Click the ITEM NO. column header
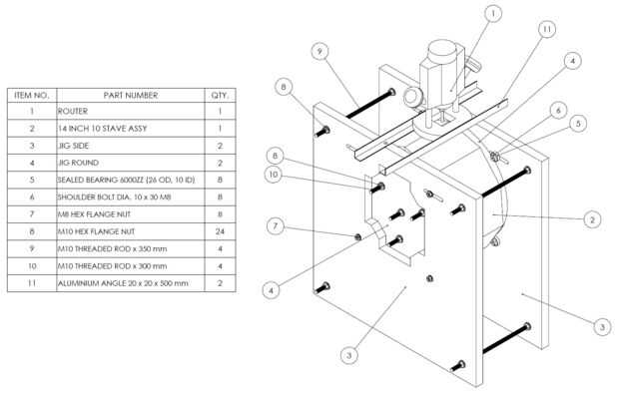(x=32, y=96)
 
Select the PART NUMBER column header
(x=131, y=96)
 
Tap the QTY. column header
(x=220, y=96)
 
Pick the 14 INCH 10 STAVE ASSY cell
(x=102, y=129)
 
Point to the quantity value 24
(x=220, y=231)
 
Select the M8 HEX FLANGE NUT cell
(x=94, y=214)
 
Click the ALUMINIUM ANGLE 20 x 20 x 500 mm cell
(x=123, y=283)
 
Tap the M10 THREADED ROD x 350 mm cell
(x=112, y=249)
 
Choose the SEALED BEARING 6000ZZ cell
(x=126, y=180)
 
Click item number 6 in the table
(x=32, y=198)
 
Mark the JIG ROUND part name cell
(x=78, y=163)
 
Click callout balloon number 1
(x=493, y=14)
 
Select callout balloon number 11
(x=547, y=29)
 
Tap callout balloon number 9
(x=319, y=51)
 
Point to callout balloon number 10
(x=274, y=175)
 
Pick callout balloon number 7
(x=276, y=226)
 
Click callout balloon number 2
(x=592, y=219)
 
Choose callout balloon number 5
(x=578, y=124)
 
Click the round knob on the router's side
(x=412, y=97)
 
